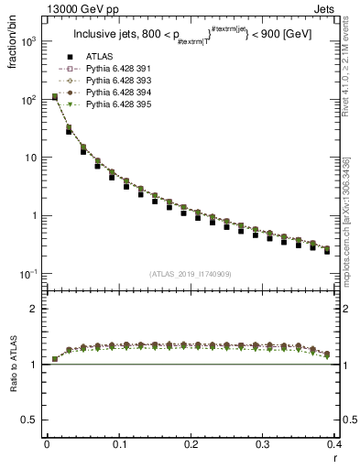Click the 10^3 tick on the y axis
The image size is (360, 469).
coord(29,41)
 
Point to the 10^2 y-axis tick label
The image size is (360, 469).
coord(29,99)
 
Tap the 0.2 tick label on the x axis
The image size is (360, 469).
coord(191,443)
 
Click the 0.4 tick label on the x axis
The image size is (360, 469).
coord(333,443)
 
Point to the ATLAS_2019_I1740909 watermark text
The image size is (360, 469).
coord(191,274)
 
